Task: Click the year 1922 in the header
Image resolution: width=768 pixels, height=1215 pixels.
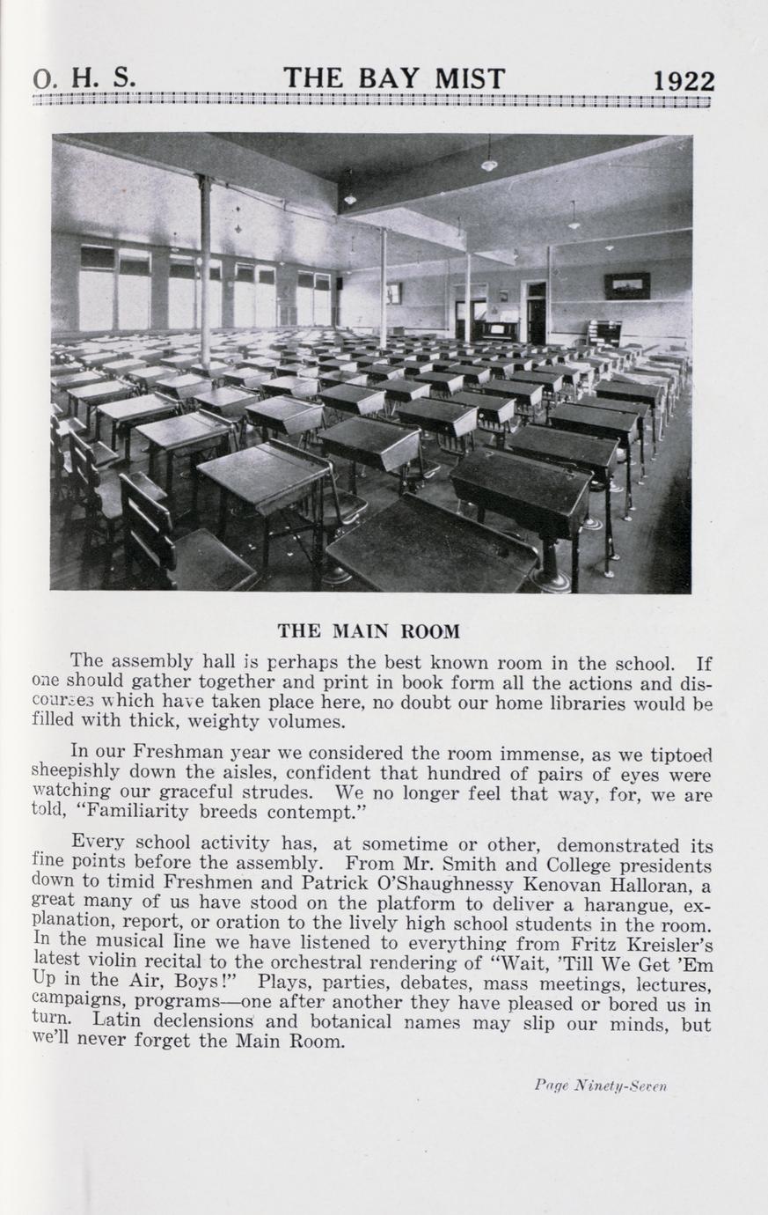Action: (x=684, y=80)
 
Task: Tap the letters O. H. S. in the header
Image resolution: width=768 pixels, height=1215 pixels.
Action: (x=84, y=79)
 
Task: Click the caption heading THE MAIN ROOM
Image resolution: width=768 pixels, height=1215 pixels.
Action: (x=369, y=631)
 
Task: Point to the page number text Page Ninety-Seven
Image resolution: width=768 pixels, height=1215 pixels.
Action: (x=601, y=1085)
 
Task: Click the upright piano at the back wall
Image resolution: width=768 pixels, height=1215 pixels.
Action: (x=498, y=331)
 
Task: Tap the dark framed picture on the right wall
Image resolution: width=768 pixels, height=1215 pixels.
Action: (x=626, y=285)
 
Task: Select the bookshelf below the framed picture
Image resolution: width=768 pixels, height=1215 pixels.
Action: (x=603, y=333)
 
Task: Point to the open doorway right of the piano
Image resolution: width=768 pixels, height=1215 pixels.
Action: (x=536, y=313)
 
